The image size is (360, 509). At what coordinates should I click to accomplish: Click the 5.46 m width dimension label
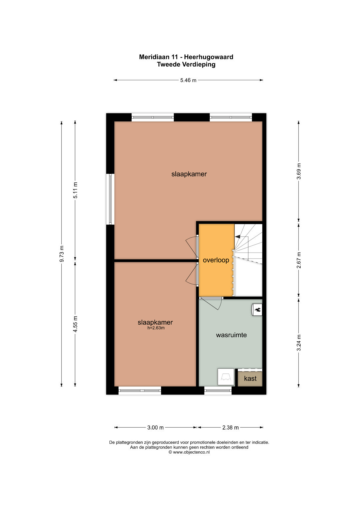[188, 80]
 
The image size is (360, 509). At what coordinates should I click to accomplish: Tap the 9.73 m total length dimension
[62, 253]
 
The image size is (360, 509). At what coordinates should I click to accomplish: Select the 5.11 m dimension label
[75, 190]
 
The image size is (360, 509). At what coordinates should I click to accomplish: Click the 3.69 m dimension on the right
[299, 171]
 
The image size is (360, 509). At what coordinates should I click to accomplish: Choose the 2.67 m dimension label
[299, 260]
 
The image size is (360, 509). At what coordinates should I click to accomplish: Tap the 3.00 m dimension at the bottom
[155, 427]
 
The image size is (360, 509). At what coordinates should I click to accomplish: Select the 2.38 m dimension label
[230, 427]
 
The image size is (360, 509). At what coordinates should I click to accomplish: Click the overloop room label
[216, 260]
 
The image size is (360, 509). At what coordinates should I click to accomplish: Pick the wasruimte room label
[231, 335]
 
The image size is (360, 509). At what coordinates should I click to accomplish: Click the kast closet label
[250, 379]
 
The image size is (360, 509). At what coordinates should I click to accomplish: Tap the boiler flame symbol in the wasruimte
[258, 309]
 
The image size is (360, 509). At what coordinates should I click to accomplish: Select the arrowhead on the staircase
[237, 237]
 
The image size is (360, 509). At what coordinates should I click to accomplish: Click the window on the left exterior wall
[110, 199]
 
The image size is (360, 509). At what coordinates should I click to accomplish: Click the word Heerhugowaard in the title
[209, 57]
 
